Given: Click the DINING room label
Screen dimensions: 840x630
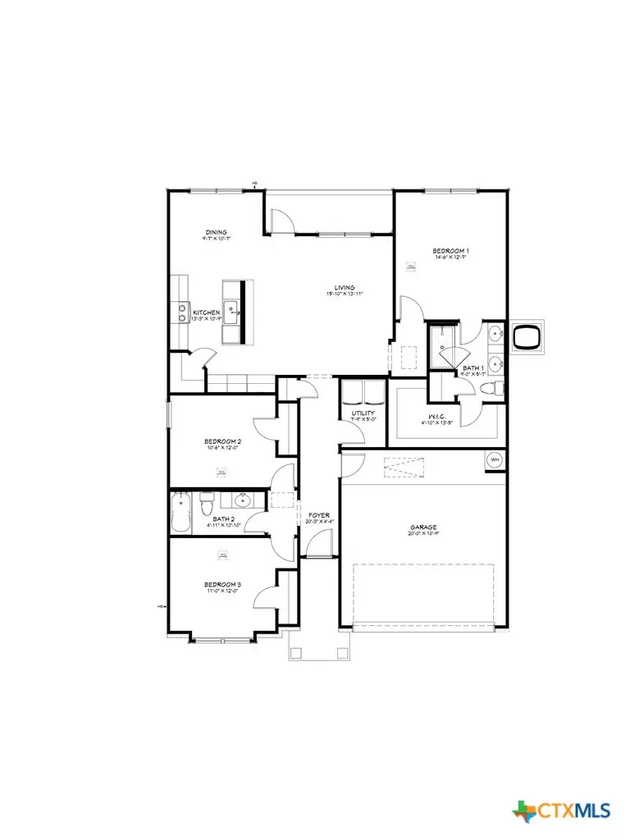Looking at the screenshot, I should [216, 233].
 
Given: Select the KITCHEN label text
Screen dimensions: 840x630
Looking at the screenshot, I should [205, 313].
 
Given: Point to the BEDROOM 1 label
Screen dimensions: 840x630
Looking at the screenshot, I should [450, 250].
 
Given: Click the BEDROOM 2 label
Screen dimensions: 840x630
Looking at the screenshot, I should [222, 442].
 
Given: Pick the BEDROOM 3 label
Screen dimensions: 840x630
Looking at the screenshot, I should [222, 585].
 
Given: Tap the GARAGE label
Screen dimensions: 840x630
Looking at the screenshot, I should [423, 527].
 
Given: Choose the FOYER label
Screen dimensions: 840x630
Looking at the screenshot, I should [319, 515].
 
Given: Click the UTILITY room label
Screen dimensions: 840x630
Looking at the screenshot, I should [363, 413].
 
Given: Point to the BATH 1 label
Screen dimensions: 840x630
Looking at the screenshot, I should [473, 368].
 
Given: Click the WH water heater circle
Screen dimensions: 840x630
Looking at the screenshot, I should [495, 459].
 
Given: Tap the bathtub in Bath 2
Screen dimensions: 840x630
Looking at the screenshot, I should [180, 513].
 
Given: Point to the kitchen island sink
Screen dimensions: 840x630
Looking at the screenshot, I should [233, 310].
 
